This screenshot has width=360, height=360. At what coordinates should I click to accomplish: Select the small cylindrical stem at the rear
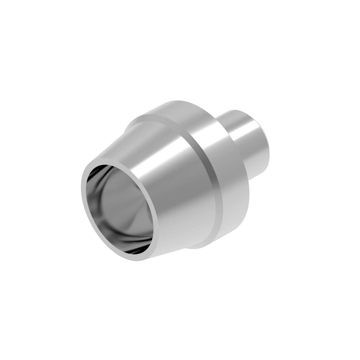pos(247,141)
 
